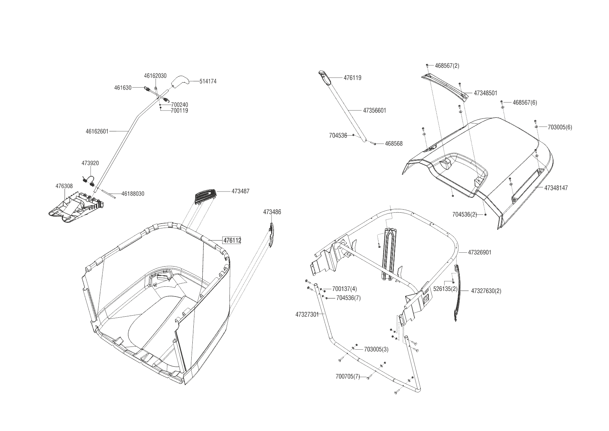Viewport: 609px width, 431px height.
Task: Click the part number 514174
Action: (208, 81)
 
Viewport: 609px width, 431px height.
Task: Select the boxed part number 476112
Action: (232, 241)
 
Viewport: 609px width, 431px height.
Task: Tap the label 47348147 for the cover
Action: (556, 188)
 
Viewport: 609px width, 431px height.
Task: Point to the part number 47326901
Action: (479, 252)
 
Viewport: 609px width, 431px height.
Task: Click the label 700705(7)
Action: (348, 377)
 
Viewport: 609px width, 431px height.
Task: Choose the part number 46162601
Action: (97, 131)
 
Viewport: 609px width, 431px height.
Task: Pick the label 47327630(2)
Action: (486, 291)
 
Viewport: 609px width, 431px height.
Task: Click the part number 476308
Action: (64, 186)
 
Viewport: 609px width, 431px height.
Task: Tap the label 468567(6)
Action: (525, 103)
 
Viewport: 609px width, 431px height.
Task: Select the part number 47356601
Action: (375, 111)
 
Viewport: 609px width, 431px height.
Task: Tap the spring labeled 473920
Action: (89, 180)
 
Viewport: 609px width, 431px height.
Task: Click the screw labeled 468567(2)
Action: (427, 65)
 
